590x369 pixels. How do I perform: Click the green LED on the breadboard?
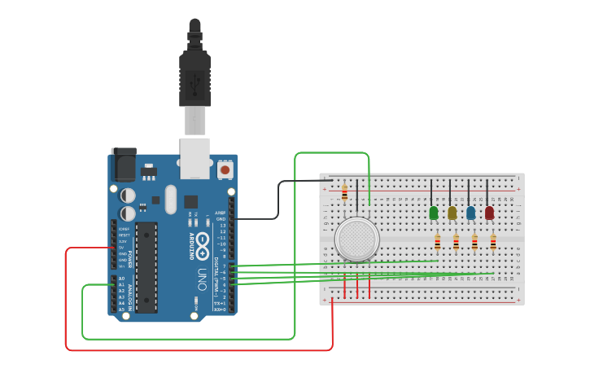[x=434, y=213]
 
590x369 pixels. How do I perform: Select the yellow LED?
[x=452, y=213]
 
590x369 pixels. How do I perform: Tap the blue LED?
[x=470, y=213]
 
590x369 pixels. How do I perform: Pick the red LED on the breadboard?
[x=489, y=213]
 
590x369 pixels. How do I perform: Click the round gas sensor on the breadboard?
[x=356, y=239]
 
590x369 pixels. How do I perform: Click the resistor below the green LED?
[x=438, y=242]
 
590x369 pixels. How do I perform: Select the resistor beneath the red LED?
[x=493, y=242]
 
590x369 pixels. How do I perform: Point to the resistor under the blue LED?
[x=474, y=242]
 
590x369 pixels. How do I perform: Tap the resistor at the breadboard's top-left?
[x=344, y=193]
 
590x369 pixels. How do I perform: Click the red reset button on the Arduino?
[x=224, y=169]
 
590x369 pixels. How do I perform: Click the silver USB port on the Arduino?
[x=194, y=157]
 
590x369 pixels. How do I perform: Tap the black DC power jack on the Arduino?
[x=125, y=165]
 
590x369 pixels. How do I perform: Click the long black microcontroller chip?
[x=146, y=266]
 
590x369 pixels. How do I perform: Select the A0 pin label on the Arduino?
[x=121, y=279]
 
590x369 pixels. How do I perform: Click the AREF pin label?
[x=220, y=213]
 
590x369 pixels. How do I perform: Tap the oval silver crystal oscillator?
[x=170, y=199]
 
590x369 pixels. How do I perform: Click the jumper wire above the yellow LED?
[x=449, y=192]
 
